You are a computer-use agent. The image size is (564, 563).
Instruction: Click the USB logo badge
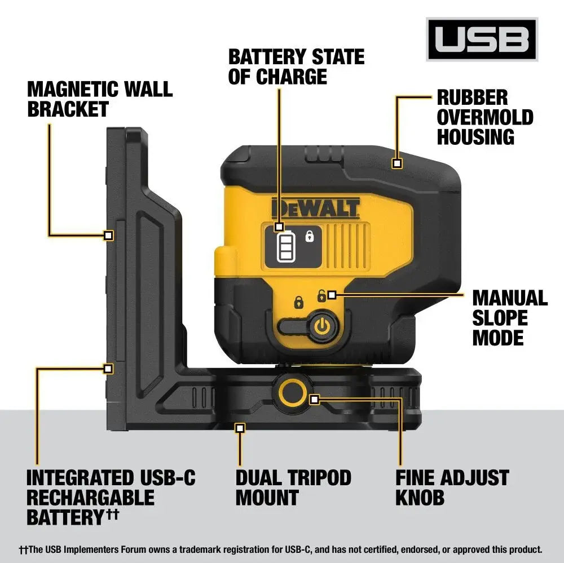click(482, 39)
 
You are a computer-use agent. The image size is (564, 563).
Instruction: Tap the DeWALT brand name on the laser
click(315, 208)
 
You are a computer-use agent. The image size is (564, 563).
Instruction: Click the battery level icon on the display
click(284, 247)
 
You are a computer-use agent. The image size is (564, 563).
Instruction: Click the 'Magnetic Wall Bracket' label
click(100, 99)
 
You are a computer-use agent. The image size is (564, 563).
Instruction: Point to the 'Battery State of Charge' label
click(296, 67)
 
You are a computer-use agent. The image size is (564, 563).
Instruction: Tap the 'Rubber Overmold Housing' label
click(484, 117)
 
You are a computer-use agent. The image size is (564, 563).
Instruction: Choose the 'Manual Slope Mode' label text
click(509, 318)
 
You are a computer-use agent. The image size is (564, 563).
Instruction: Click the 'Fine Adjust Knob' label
click(452, 487)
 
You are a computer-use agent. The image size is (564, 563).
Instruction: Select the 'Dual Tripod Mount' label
click(293, 487)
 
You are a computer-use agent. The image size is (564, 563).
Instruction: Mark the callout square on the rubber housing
click(396, 163)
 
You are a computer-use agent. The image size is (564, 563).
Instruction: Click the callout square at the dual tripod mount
click(240, 428)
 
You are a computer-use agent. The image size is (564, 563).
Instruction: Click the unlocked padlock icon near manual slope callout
click(322, 295)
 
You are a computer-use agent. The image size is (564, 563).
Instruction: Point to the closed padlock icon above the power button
click(299, 303)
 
